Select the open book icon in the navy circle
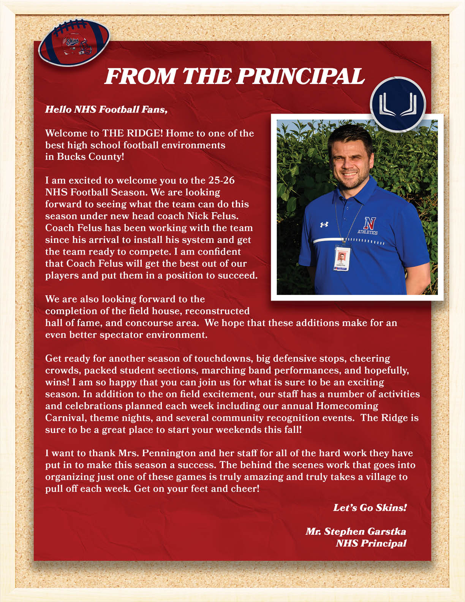tap(398, 104)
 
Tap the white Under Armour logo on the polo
tap(324, 225)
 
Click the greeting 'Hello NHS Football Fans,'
tap(106, 109)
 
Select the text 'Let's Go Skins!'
tap(370, 507)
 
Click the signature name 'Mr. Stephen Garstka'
tap(356, 531)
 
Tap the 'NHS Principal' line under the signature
tap(371, 543)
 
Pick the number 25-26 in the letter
tap(221, 180)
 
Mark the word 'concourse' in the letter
tap(149, 323)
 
